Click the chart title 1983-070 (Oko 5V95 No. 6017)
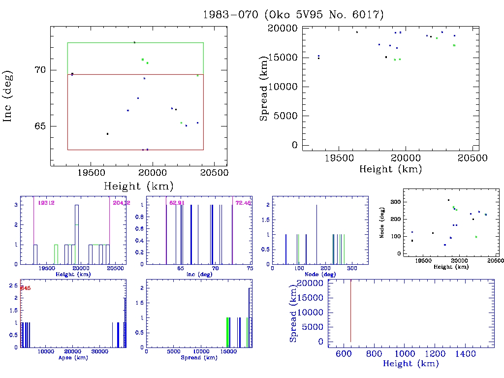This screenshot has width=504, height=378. [x=293, y=14]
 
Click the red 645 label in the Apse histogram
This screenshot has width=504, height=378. [x=25, y=288]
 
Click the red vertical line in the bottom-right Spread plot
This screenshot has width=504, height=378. [x=350, y=311]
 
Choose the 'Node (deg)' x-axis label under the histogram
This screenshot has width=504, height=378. [x=320, y=274]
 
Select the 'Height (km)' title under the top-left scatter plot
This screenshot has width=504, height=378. [x=138, y=186]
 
